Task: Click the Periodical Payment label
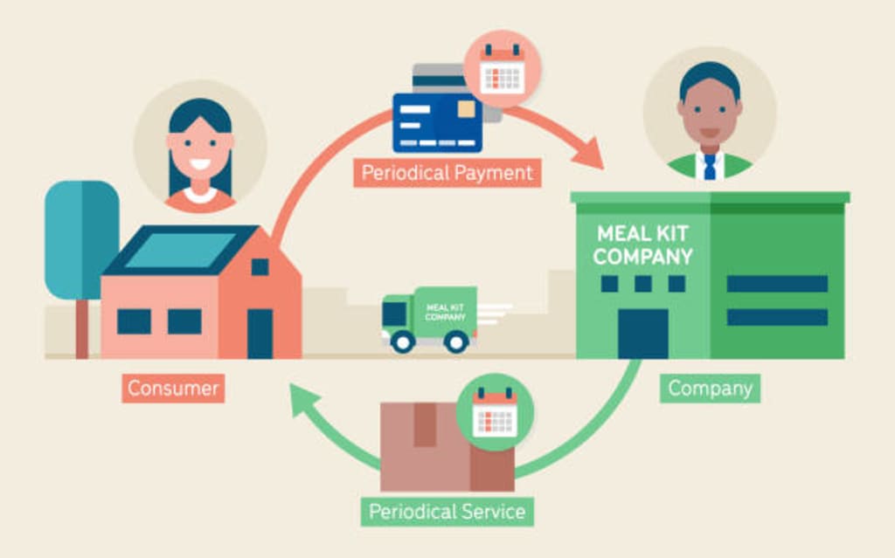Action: pyautogui.click(x=447, y=172)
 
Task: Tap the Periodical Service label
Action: pyautogui.click(x=447, y=511)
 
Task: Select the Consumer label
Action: pyautogui.click(x=173, y=388)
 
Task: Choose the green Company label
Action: pyautogui.click(x=709, y=388)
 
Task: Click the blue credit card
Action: pyautogui.click(x=437, y=122)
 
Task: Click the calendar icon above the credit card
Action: pyautogui.click(x=502, y=69)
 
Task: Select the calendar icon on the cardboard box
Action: pyautogui.click(x=495, y=412)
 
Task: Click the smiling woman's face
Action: pyautogui.click(x=200, y=148)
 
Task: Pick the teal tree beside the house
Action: pyautogui.click(x=81, y=240)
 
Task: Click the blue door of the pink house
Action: pyautogui.click(x=260, y=333)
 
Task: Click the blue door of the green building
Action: pyautogui.click(x=642, y=333)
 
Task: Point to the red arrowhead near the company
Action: pyautogui.click(x=592, y=152)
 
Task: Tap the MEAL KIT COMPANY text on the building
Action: pyautogui.click(x=642, y=245)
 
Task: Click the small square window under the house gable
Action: pyautogui.click(x=260, y=266)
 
